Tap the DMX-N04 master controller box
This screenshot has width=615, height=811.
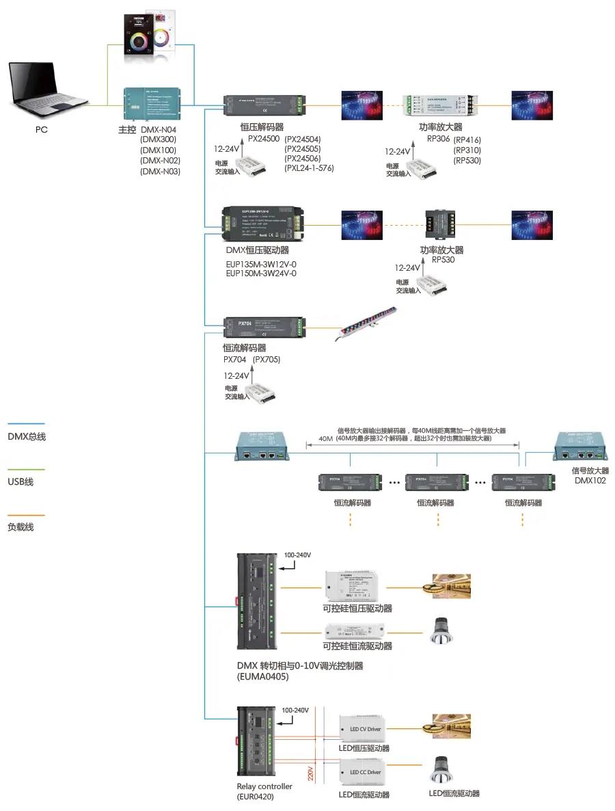click(151, 104)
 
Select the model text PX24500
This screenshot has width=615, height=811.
click(263, 138)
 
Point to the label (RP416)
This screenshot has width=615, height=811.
click(467, 139)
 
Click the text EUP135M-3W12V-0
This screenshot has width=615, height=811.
click(261, 263)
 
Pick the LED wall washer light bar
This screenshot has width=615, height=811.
click(365, 325)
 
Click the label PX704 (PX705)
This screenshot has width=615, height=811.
click(251, 360)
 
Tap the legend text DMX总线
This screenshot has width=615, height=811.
click(27, 436)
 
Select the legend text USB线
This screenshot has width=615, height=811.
click(20, 482)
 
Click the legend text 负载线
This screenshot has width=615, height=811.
click(20, 527)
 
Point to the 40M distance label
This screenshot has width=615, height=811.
click(325, 440)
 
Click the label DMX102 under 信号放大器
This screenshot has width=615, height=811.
click(590, 481)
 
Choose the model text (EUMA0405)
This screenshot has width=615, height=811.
click(262, 677)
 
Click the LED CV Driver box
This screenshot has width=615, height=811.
click(365, 730)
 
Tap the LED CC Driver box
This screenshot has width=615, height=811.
click(365, 772)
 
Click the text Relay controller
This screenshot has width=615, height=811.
click(264, 786)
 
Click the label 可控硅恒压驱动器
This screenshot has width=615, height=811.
click(357, 609)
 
